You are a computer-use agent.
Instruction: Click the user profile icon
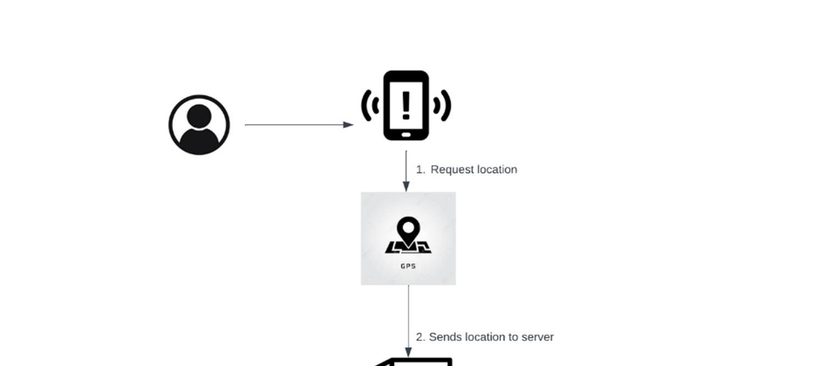point(199,125)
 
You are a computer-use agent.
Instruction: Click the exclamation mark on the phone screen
point(406,105)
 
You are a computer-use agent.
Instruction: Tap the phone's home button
point(406,134)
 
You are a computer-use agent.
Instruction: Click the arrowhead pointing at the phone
point(348,125)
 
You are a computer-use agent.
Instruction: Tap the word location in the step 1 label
point(496,170)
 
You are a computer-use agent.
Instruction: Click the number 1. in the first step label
point(420,170)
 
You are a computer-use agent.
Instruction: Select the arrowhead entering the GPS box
point(406,186)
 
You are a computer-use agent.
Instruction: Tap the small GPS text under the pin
point(408,266)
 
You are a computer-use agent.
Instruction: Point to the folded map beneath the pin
point(408,248)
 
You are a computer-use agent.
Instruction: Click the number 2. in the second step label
point(420,337)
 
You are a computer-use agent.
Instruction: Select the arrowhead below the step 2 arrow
point(408,352)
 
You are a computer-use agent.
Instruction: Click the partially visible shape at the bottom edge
point(418,362)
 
